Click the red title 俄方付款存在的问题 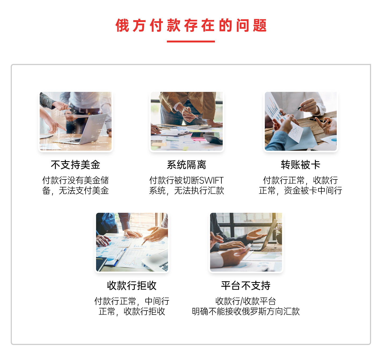coord(191,25)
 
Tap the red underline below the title coord(191,41)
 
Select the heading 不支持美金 coord(76,165)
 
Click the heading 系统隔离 coord(186,165)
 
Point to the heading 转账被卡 coord(301,165)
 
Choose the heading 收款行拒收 coord(132,286)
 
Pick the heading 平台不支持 coord(246,286)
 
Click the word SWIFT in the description coord(211,180)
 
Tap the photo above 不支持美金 coord(76,121)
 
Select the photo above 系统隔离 coord(187,121)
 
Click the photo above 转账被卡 coord(301,121)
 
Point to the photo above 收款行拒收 coord(132,242)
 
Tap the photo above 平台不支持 coord(246,242)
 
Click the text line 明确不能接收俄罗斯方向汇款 coord(246,311)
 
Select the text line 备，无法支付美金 coord(76,191)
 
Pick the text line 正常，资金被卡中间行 coord(301,191)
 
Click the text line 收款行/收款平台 coord(246,301)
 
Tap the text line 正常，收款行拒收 coord(132,311)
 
